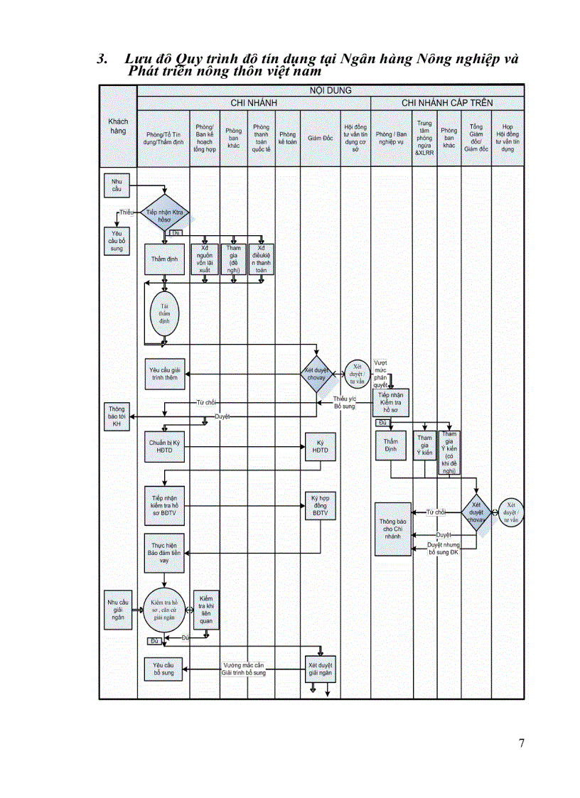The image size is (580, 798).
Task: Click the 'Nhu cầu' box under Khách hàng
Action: pos(117,185)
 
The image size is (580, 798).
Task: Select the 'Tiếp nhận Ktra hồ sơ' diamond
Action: pos(164,215)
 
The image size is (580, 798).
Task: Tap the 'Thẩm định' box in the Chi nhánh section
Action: pos(164,259)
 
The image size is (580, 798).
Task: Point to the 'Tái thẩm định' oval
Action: pos(164,313)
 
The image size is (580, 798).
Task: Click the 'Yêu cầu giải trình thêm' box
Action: pos(164,374)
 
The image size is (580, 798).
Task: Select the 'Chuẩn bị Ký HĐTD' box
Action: pos(164,446)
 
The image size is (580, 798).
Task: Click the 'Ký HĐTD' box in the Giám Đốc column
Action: pos(321,446)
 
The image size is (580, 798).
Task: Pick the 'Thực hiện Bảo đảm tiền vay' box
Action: pos(164,553)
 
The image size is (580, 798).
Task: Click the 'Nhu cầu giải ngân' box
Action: pos(117,608)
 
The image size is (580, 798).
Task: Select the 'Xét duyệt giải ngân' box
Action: pos(321,669)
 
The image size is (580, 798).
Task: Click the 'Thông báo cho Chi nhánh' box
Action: pos(392,529)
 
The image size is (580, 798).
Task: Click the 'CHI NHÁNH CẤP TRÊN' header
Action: pos(447,103)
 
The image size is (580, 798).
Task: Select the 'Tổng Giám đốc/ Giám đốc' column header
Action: pos(476,138)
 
